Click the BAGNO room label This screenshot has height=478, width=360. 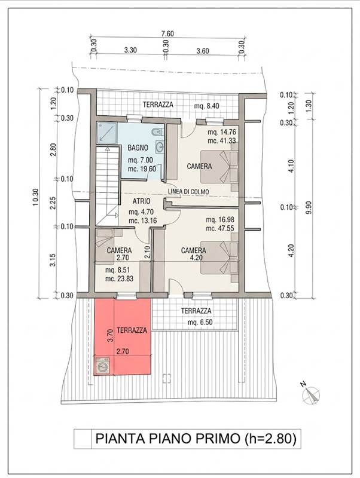tap(138, 148)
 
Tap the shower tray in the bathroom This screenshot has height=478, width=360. tap(107, 132)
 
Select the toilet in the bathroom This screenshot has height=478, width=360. tap(157, 131)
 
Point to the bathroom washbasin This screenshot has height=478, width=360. tap(159, 147)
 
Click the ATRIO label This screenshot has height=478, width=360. tap(141, 201)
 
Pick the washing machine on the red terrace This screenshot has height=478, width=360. tap(103, 365)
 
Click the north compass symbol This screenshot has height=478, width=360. tap(310, 394)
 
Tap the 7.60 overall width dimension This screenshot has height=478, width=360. tap(167, 33)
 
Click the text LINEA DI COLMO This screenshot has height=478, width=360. tap(188, 191)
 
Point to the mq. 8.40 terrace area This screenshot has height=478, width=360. tap(206, 106)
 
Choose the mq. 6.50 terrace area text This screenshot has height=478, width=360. tap(200, 323)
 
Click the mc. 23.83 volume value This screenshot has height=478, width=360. tap(119, 278)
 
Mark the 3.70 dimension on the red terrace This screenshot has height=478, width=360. tap(111, 335)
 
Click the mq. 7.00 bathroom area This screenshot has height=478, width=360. tap(141, 160)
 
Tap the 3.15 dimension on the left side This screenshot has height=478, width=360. tap(53, 260)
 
